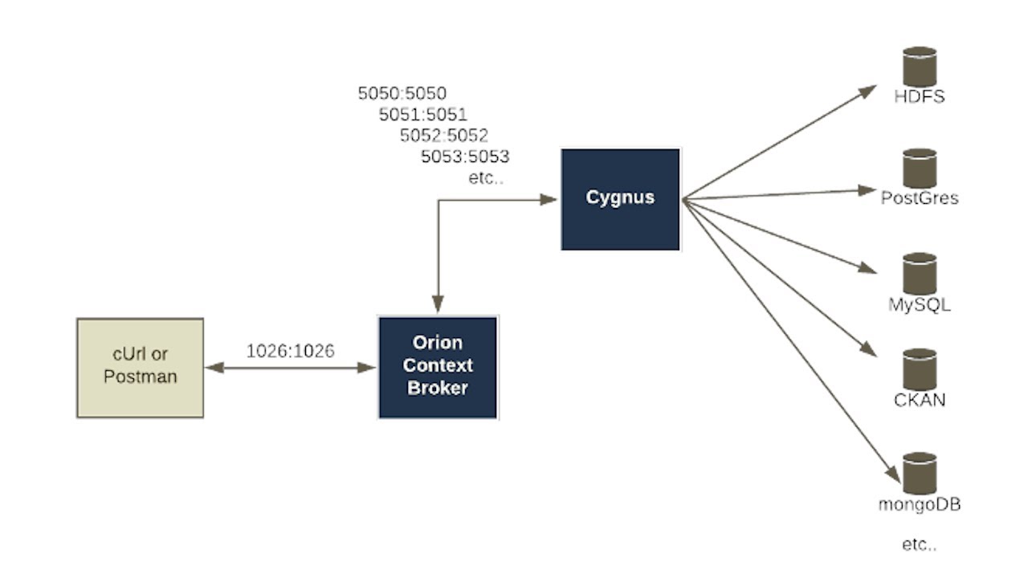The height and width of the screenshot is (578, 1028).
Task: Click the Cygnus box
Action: tap(620, 198)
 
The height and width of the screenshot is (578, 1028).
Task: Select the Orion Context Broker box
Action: tap(438, 367)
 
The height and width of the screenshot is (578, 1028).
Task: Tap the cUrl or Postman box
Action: tap(140, 367)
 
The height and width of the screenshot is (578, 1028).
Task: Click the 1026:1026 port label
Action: tap(290, 351)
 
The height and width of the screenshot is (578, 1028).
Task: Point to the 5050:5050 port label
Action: tap(402, 93)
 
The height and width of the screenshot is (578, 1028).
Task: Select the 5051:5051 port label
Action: tap(422, 114)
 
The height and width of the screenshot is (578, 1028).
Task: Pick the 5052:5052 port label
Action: tap(443, 135)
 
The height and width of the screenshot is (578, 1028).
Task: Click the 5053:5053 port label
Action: tap(464, 156)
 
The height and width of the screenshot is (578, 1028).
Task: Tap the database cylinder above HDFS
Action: tap(920, 67)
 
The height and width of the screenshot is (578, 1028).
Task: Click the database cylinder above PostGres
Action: tap(920, 168)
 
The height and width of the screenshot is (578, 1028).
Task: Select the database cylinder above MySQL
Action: tap(920, 274)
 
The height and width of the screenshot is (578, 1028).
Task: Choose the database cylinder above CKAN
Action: tap(920, 368)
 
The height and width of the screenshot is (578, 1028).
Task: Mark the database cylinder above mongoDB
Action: tap(920, 474)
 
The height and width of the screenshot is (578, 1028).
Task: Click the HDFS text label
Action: tap(920, 97)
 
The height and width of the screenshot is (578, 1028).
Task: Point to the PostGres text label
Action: tap(920, 197)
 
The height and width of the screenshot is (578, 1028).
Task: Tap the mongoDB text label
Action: tap(920, 505)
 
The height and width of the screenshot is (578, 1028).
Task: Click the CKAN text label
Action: tap(920, 400)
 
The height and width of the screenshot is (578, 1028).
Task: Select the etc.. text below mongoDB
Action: tap(920, 545)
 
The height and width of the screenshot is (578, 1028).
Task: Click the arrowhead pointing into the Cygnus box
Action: tap(549, 199)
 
